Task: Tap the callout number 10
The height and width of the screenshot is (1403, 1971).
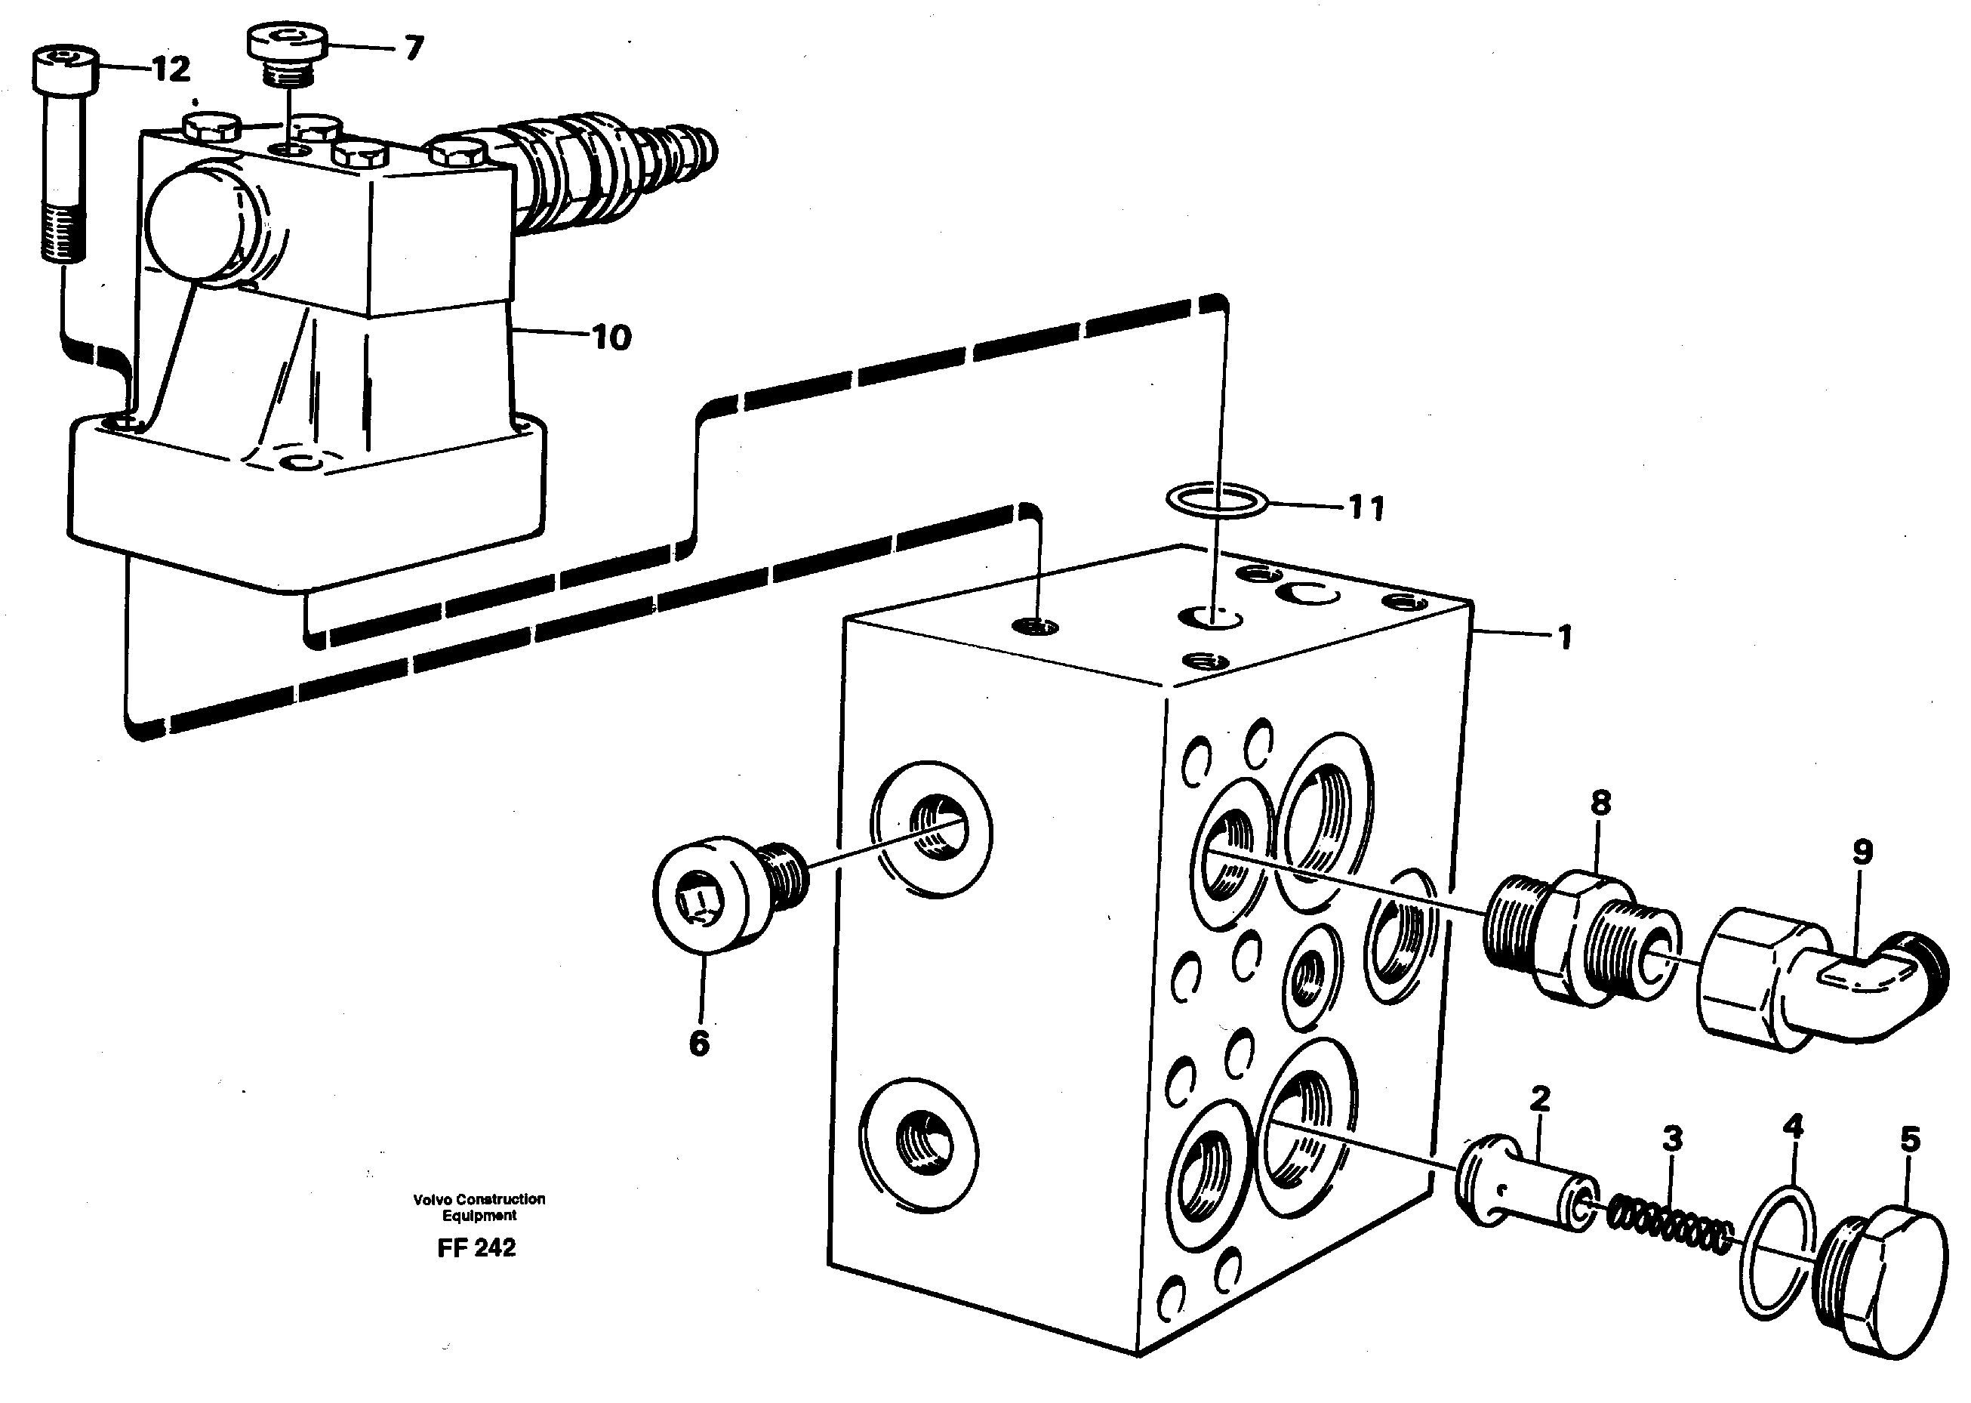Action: tap(611, 338)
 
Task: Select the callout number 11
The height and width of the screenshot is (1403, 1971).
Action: tap(1366, 508)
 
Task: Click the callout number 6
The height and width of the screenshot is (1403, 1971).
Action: tap(699, 1044)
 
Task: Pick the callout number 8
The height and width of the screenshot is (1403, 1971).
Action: tap(1600, 803)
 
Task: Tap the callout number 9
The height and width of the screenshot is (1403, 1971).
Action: tap(1862, 853)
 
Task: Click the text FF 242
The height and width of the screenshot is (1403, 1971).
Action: tap(477, 1248)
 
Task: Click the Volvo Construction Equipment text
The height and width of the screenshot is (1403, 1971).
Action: tap(479, 1207)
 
